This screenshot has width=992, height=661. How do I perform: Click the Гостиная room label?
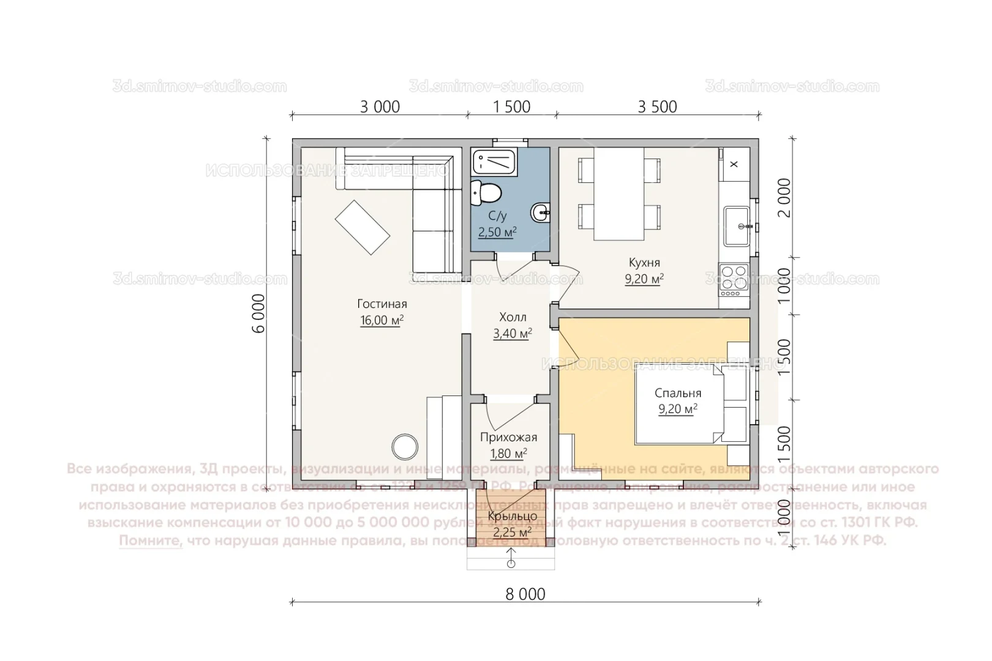382,304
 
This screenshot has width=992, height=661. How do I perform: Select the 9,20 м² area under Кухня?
644,280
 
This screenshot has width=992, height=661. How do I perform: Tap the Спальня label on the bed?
678,394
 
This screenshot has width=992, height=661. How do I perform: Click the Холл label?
513,317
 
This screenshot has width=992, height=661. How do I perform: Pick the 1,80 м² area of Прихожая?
508,454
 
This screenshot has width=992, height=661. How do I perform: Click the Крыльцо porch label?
513,517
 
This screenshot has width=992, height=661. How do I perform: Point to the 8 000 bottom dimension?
525,594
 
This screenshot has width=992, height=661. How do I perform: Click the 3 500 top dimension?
658,107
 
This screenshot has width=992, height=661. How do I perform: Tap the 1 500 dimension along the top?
512,107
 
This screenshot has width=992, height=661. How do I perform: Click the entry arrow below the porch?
511,558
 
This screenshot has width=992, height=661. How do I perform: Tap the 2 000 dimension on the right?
783,197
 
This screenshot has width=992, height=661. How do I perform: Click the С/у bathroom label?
497,216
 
